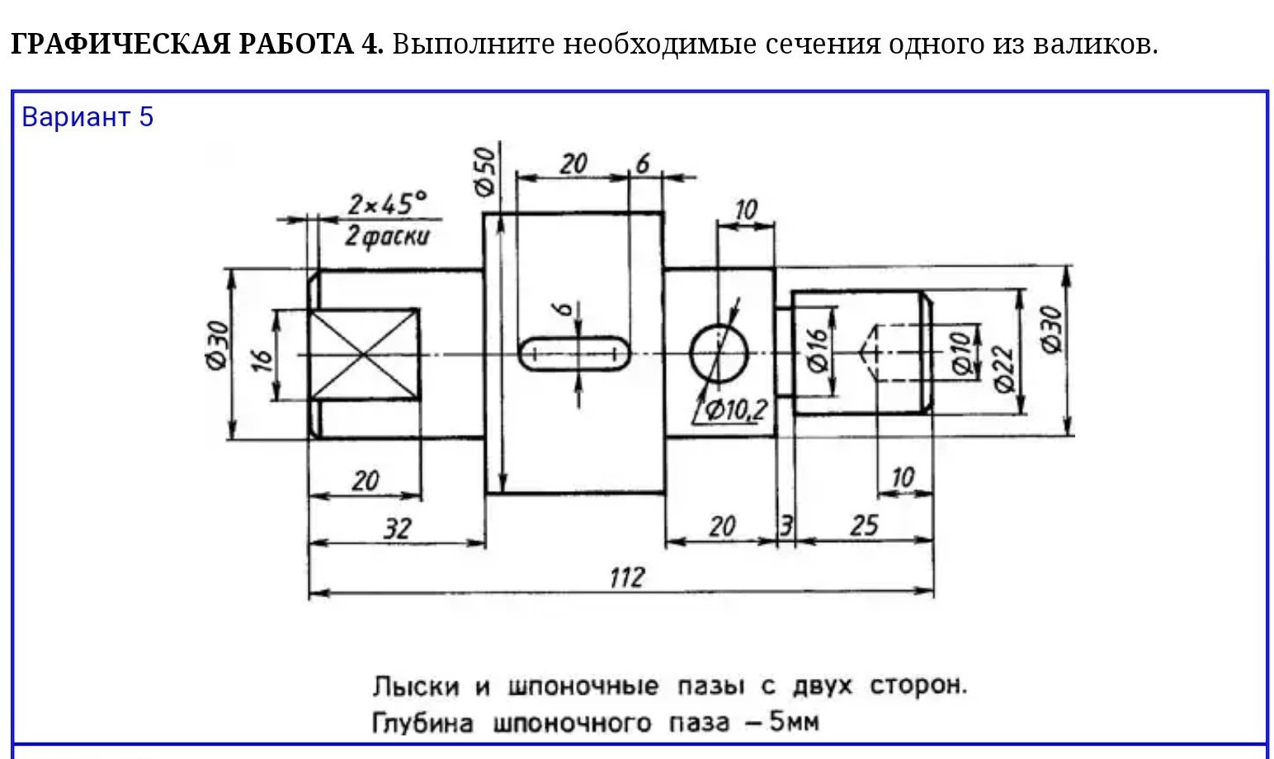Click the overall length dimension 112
(625, 577)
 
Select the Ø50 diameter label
(485, 171)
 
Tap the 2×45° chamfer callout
(387, 203)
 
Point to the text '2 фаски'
(387, 237)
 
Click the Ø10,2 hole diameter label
(736, 409)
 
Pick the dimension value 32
(396, 528)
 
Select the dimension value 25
(864, 526)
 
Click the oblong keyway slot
(574, 354)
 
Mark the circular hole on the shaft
(719, 354)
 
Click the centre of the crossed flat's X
(364, 355)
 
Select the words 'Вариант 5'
(87, 117)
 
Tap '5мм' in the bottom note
(794, 722)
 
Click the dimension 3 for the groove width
(786, 526)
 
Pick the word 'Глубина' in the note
(422, 724)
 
